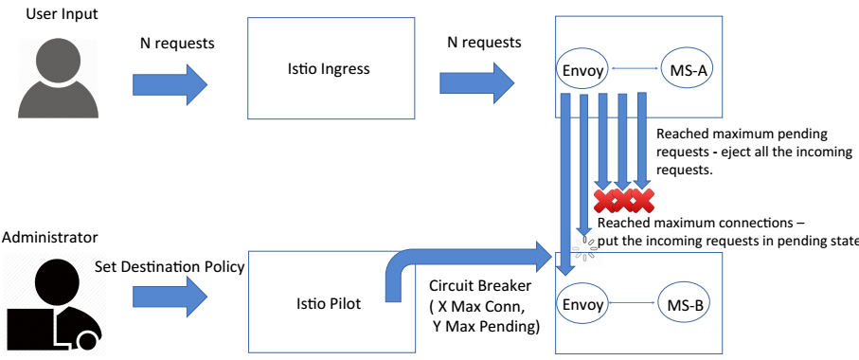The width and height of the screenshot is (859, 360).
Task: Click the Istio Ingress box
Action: tap(329, 69)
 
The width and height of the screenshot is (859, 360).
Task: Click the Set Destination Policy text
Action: tap(170, 267)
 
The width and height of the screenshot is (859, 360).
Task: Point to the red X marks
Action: tap(623, 200)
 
